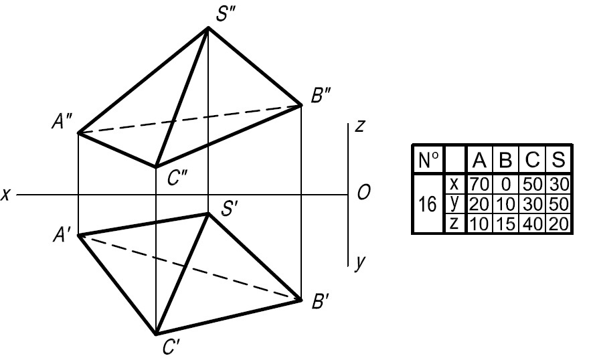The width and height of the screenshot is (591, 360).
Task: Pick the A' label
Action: (x=65, y=235)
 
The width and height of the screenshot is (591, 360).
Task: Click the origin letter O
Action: (x=364, y=193)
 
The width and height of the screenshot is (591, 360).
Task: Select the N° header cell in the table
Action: (x=428, y=160)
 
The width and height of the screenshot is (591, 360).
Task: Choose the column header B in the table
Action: (x=506, y=160)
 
